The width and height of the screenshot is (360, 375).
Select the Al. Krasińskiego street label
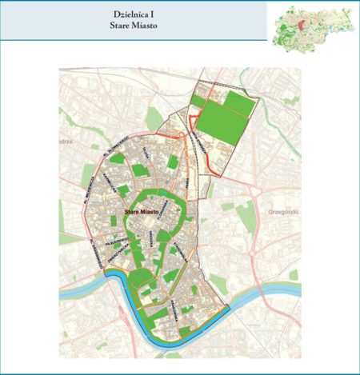[94, 249]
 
